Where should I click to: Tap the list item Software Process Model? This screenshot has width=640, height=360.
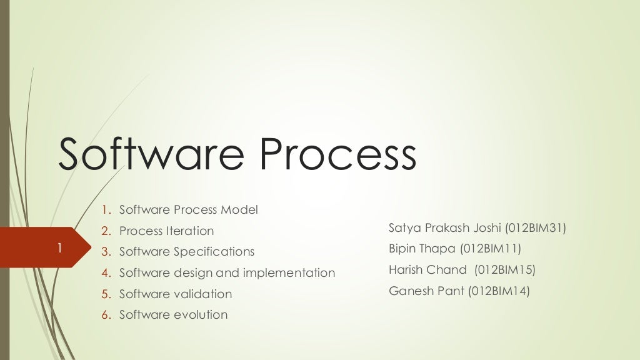[x=188, y=210]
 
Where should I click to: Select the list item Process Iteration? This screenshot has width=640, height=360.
[x=166, y=231]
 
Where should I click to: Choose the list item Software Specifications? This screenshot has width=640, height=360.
[x=187, y=252]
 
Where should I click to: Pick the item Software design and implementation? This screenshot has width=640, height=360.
[x=227, y=272]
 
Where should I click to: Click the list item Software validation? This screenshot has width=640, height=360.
[x=176, y=294]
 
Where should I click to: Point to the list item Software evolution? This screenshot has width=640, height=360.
[x=173, y=314]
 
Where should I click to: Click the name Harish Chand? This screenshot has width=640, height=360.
[x=427, y=270]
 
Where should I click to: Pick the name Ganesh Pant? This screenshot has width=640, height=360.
[x=426, y=291]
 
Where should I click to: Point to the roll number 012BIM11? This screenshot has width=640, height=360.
[x=491, y=249]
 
